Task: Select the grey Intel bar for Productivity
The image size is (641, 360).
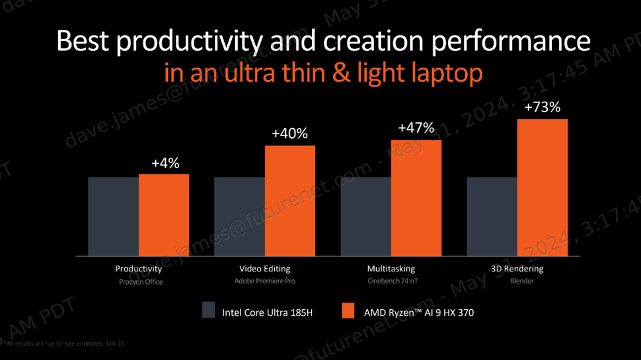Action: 113,216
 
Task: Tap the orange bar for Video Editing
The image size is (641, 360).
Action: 290,200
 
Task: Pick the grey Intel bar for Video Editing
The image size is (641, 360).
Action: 239,216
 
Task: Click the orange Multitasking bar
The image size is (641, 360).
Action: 416,198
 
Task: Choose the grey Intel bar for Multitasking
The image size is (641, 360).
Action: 365,216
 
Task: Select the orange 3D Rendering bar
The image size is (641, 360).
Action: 543,187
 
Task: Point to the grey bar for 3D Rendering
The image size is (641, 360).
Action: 492,216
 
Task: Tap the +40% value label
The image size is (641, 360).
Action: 289,134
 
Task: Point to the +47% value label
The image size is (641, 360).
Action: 416,128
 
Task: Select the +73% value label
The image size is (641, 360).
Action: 543,107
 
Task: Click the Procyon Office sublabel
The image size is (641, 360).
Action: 139,281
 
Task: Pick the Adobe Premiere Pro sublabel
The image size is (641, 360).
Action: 264,281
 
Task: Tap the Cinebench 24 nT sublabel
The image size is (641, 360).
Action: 391,281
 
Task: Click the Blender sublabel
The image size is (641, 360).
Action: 517,281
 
